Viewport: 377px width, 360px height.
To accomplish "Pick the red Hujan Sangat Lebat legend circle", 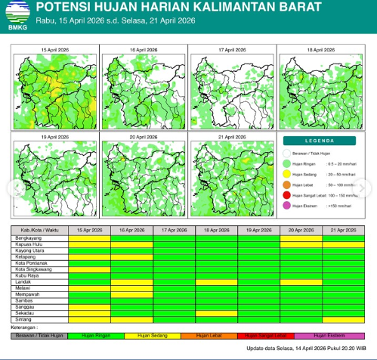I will (x=288, y=195).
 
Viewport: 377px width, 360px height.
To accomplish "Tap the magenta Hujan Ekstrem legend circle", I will (x=288, y=206).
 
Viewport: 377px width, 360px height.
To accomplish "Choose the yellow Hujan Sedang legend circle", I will (x=288, y=174).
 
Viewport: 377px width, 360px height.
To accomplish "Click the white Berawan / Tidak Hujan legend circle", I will (x=288, y=153).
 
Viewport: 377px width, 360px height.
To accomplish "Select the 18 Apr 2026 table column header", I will (x=216, y=229).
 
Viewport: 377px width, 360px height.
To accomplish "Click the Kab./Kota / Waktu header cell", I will (x=40, y=229).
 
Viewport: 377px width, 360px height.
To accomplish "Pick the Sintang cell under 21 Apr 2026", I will (x=344, y=319).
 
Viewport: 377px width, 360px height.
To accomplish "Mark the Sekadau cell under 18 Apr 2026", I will (x=216, y=313).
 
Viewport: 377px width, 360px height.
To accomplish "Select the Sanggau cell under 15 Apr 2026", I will (x=89, y=306).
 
